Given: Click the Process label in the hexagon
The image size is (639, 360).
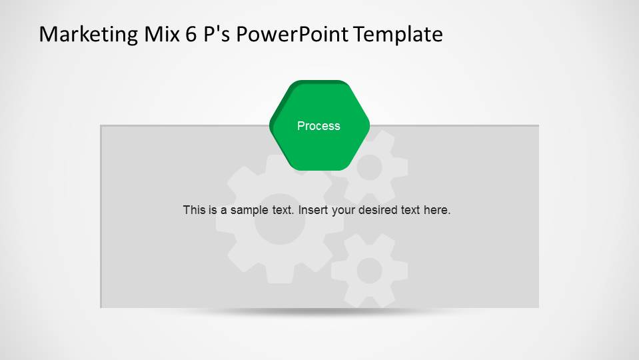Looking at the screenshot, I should click(319, 126).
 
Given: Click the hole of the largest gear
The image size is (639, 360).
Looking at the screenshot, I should click(280, 219).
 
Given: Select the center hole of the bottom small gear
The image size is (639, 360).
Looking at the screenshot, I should click(368, 271).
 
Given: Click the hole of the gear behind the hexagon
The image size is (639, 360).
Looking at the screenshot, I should click(370, 168).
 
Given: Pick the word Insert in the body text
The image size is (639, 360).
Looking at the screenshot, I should click(313, 210).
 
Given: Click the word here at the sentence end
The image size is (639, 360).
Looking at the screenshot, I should click(436, 210).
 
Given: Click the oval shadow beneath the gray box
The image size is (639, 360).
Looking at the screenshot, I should click(320, 312).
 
